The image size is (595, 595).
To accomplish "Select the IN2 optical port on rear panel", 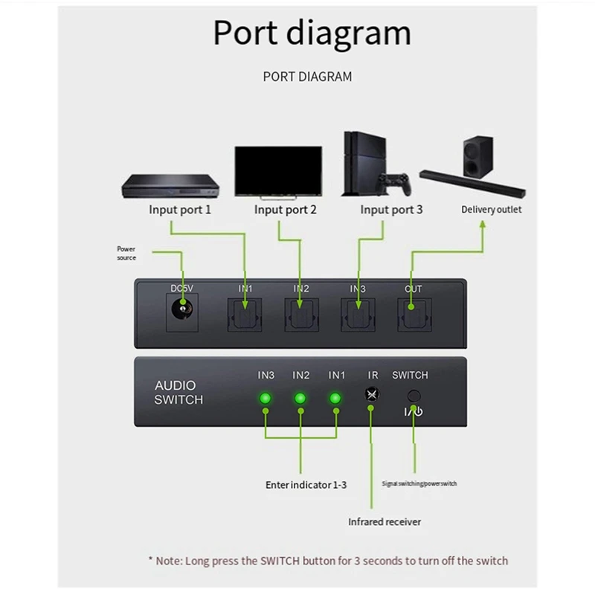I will click(x=300, y=315).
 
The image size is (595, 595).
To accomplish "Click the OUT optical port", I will click(x=413, y=315).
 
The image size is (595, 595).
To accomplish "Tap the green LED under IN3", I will click(x=265, y=399).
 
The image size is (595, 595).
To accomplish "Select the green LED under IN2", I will click(x=300, y=399).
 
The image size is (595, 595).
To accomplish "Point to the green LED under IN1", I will click(x=335, y=399).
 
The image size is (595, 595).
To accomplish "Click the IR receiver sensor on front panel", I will click(x=370, y=396).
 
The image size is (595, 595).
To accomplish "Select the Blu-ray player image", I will click(x=165, y=185).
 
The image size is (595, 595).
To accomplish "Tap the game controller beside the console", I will click(x=393, y=182).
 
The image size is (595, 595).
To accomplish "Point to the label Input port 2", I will click(x=286, y=210).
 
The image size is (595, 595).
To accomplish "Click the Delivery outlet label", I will click(x=491, y=210).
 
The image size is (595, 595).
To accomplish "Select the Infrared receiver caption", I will click(x=385, y=521).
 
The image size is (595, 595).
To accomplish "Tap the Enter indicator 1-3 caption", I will click(x=306, y=484).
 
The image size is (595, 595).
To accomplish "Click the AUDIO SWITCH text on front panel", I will click(x=178, y=393).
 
